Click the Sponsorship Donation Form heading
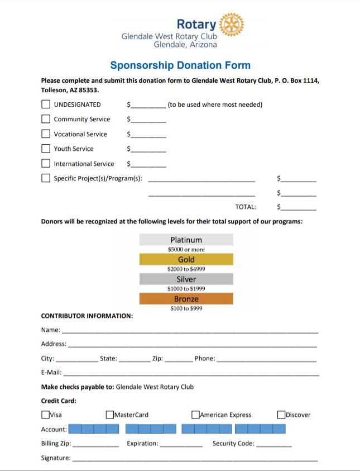[x=180, y=65]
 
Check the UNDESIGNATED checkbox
[x=46, y=104]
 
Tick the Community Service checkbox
[x=46, y=119]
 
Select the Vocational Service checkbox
[x=46, y=134]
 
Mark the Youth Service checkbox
[x=46, y=149]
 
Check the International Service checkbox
[x=46, y=164]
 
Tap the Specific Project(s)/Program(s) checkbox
[x=46, y=178]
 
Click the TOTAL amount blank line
[x=299, y=208]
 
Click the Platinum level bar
[x=186, y=240]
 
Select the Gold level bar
[x=186, y=259]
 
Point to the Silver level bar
[x=186, y=279]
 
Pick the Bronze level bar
[x=186, y=299]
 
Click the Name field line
[x=190, y=331]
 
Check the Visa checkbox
[x=45, y=415]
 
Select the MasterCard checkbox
[x=110, y=415]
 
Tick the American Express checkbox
[x=195, y=415]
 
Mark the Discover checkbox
[x=281, y=415]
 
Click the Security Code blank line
[x=274, y=445]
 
